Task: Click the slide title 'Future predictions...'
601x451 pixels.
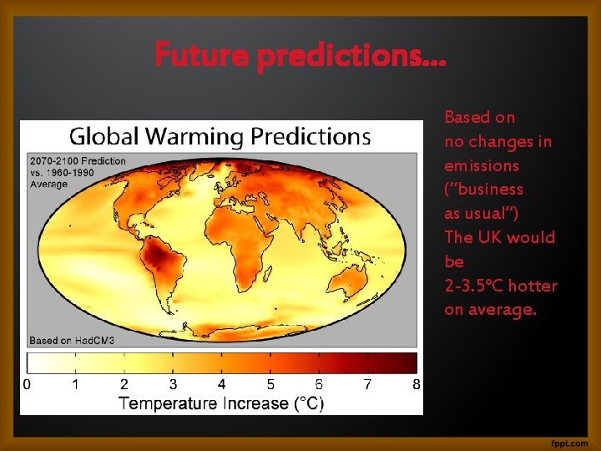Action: point(300,56)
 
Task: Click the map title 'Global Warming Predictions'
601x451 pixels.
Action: point(220,135)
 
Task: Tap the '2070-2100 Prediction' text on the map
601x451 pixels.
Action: point(78,161)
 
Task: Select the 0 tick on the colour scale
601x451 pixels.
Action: point(28,385)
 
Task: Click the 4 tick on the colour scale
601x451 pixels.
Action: point(222,385)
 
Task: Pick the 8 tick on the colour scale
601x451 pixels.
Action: point(416,385)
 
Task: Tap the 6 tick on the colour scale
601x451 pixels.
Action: point(319,385)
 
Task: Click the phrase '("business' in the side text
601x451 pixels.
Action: point(484,190)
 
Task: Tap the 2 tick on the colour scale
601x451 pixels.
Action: point(124,385)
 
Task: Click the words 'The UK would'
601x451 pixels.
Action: point(499,238)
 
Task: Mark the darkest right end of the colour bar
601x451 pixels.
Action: point(409,362)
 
